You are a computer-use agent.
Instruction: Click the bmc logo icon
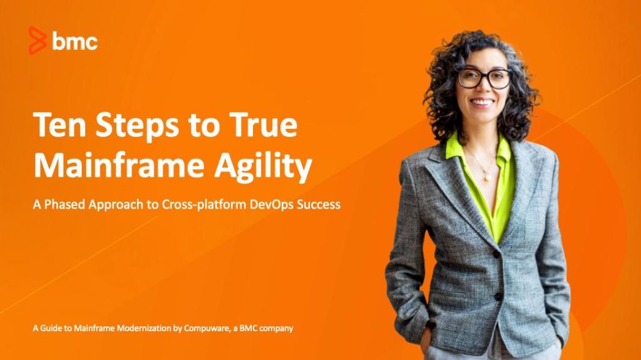tap(38, 41)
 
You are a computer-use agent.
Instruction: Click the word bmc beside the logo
tap(74, 41)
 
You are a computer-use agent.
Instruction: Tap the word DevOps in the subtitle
tap(270, 205)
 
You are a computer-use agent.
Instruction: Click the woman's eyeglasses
tap(484, 78)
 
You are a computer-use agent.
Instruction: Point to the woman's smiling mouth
tap(483, 101)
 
